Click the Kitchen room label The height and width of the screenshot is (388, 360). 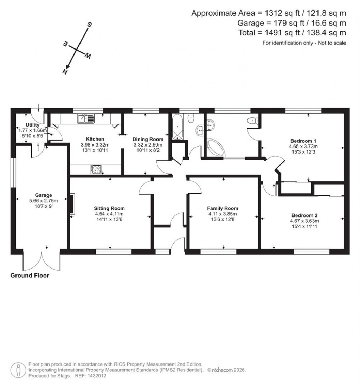(95, 139)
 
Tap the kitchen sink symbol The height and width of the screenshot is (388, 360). (85, 119)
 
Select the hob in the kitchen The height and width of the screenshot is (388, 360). (96, 169)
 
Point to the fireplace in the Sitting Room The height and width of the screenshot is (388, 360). (72, 204)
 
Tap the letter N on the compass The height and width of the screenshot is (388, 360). (65, 71)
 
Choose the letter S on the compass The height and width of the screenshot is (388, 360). (90, 25)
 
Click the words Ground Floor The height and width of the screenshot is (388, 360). (30, 276)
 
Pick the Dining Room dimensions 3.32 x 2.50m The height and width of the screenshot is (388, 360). (148, 145)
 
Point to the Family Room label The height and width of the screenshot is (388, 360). (223, 208)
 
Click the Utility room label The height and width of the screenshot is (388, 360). (32, 125)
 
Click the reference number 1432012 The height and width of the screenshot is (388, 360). (96, 376)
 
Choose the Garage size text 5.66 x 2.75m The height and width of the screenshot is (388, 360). (43, 201)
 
